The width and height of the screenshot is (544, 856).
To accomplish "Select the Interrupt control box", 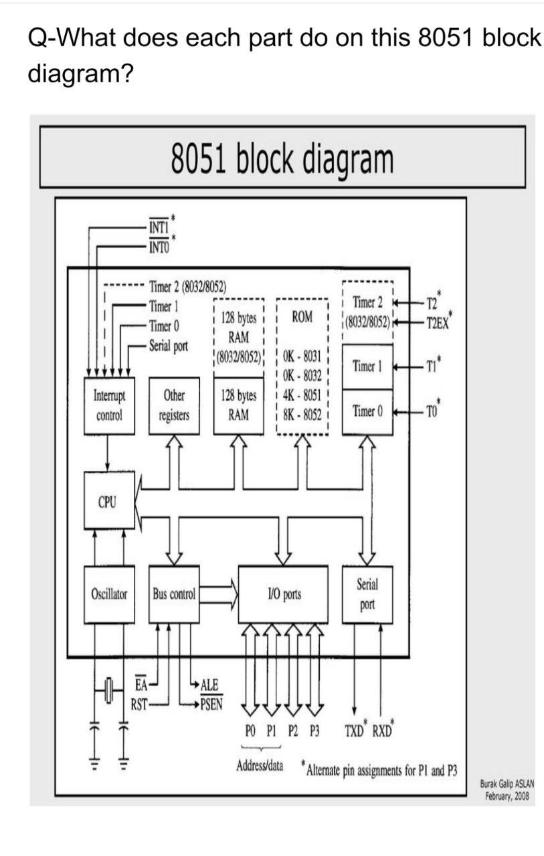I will (108, 405).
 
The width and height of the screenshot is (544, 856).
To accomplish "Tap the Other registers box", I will (174, 405).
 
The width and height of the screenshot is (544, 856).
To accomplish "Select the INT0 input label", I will (159, 246).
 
